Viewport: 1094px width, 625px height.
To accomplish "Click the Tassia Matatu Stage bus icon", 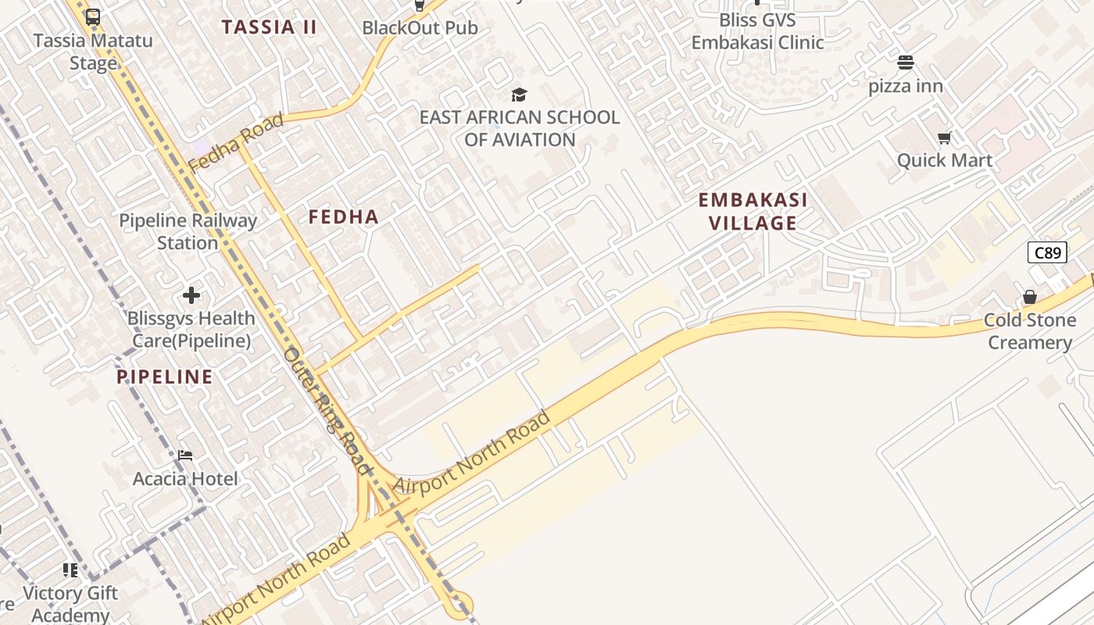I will [93, 16].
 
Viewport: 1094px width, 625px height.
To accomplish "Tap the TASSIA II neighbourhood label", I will [269, 27].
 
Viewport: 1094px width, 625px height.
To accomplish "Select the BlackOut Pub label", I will [420, 28].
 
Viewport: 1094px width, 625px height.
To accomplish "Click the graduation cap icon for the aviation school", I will [519, 95].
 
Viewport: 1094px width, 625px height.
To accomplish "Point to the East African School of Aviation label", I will [520, 129].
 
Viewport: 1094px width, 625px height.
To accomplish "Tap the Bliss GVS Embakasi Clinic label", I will [757, 31].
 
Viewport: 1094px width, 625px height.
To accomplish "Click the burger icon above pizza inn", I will [906, 62].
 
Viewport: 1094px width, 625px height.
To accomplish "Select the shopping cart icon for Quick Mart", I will [944, 138].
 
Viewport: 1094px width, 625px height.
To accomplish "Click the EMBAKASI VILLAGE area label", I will [753, 212].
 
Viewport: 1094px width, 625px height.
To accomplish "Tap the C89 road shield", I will [1047, 252].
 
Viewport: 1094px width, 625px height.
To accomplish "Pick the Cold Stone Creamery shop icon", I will [1030, 298].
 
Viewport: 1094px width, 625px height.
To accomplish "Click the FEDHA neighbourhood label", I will [344, 217].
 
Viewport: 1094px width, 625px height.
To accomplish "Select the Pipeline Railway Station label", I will [188, 232].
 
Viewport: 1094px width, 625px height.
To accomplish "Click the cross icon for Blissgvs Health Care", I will [191, 295].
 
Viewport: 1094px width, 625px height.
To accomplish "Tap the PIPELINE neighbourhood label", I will [165, 377].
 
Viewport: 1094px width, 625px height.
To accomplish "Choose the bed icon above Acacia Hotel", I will [185, 455].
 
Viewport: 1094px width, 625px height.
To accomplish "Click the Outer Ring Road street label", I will [326, 410].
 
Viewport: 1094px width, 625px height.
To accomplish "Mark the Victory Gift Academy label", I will [70, 604].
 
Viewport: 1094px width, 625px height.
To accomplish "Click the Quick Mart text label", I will [944, 161].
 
